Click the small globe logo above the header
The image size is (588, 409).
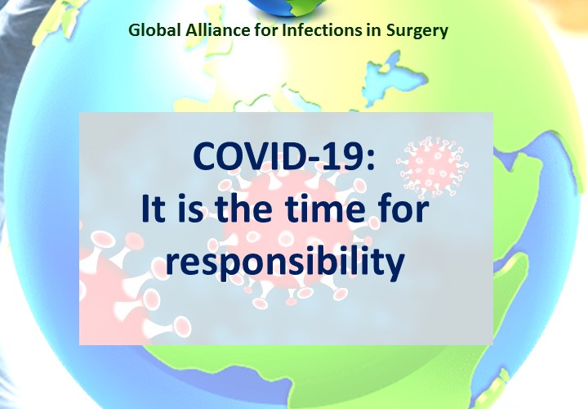(x=287, y=7)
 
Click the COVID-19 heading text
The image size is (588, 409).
(x=284, y=156)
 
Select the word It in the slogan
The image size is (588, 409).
(x=154, y=209)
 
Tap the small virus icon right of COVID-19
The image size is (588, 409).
(x=432, y=167)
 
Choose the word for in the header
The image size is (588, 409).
(x=266, y=30)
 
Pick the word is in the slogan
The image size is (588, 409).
(x=190, y=209)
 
